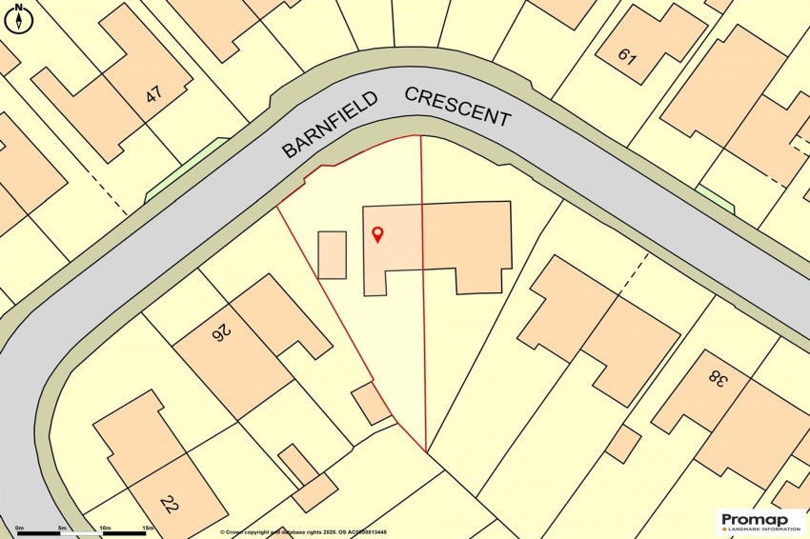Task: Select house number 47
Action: click(152, 95)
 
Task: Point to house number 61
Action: click(626, 55)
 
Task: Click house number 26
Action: click(221, 332)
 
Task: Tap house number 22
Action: click(170, 504)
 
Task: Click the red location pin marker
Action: click(377, 234)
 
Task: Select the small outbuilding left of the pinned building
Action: click(332, 254)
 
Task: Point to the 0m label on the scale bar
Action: click(18, 528)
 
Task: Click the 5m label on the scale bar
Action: click(62, 528)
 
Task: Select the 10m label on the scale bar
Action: click(105, 528)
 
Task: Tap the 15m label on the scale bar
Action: click(148, 528)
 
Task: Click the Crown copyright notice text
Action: click(304, 532)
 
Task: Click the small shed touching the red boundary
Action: click(371, 404)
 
